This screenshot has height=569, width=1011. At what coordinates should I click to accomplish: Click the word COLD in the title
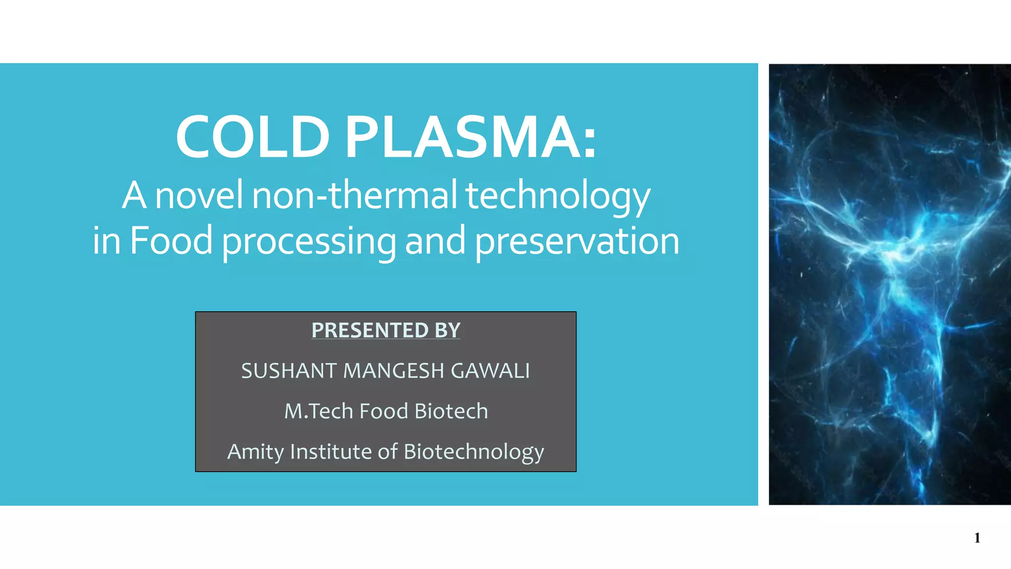click(x=253, y=137)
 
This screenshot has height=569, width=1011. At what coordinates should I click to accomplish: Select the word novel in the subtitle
click(x=198, y=195)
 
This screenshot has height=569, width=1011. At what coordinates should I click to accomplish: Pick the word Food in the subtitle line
click(x=171, y=241)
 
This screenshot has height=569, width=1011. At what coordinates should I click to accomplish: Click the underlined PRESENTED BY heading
click(x=386, y=330)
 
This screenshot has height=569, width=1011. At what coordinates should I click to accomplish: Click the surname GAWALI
click(x=490, y=370)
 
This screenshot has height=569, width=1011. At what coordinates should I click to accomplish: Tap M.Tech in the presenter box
click(x=318, y=411)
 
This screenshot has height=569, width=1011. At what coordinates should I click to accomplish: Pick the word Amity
click(x=255, y=452)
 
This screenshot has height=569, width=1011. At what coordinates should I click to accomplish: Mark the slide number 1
click(x=977, y=538)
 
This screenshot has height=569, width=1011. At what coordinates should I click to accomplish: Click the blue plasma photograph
click(x=890, y=284)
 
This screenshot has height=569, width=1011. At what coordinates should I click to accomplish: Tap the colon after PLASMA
click(x=589, y=143)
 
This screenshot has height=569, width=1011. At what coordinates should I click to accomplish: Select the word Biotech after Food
click(x=451, y=411)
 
